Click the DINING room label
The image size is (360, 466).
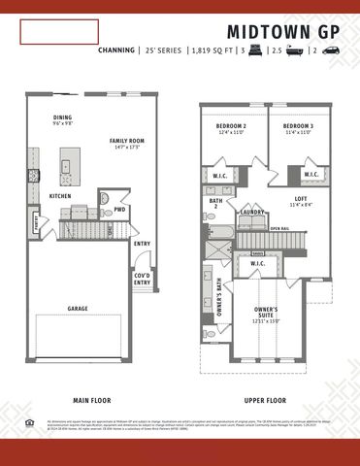[x=62, y=118]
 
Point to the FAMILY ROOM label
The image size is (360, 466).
[x=127, y=141]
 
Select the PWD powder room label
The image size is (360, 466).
[x=119, y=209]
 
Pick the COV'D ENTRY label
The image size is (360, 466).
[x=143, y=277]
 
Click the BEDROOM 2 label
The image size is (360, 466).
[x=231, y=127]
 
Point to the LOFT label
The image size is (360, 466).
[x=301, y=199]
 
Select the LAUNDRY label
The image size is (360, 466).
[x=253, y=212]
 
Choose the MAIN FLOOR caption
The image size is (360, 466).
[x=95, y=400]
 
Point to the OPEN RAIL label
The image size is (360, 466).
[x=279, y=229]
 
